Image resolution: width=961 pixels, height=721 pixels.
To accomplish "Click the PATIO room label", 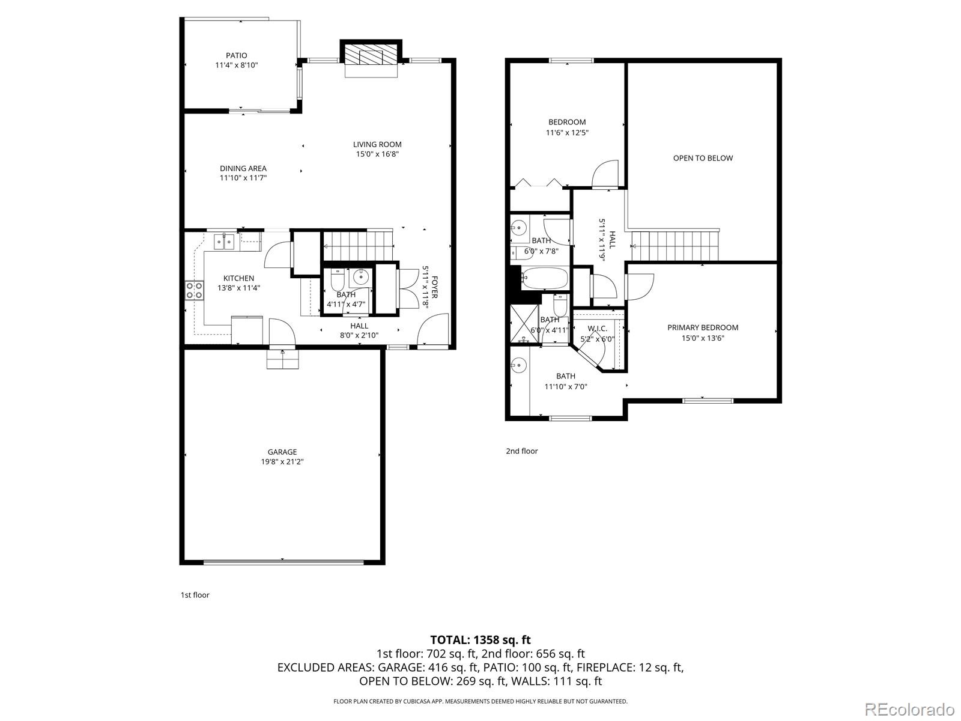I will [236, 55].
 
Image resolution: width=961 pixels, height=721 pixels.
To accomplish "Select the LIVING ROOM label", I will [377, 144].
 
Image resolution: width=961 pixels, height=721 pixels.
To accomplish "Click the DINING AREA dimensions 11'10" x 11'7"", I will [243, 178].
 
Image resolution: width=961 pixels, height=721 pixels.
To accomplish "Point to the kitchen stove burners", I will [195, 290].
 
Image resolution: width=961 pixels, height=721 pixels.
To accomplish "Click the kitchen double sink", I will [224, 242].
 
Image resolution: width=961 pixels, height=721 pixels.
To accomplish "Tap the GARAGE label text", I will [282, 452].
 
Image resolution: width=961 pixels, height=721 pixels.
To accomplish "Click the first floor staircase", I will [358, 245].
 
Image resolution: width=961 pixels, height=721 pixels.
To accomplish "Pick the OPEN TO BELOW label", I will [703, 158].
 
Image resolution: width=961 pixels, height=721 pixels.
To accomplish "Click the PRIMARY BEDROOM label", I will [703, 327].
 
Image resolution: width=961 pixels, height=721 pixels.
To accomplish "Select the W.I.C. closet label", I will [597, 329].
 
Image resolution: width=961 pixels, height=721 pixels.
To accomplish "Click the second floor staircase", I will [676, 245].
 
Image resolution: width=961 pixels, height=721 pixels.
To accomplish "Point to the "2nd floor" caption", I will [521, 451].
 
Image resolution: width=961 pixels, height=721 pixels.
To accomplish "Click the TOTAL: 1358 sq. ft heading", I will [480, 640].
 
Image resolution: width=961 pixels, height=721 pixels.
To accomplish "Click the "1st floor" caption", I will [195, 595].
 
